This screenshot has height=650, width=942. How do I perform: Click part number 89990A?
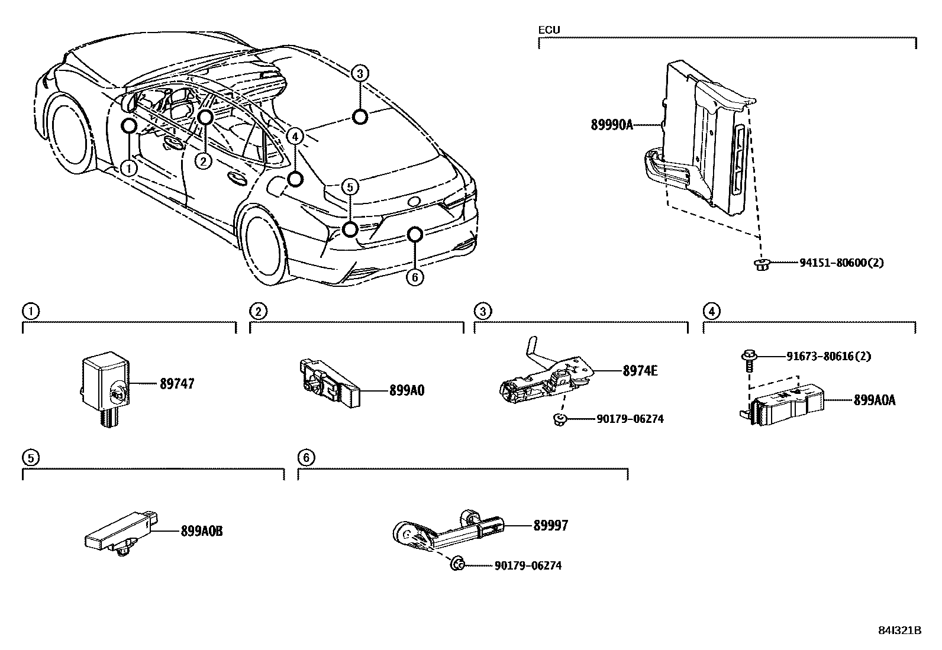pyautogui.click(x=611, y=125)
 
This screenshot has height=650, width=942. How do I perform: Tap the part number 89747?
pyautogui.click(x=176, y=384)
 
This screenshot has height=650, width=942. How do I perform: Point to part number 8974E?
pyautogui.click(x=640, y=371)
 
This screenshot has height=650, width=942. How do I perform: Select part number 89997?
pyautogui.click(x=550, y=525)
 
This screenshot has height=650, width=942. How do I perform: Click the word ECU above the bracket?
pyautogui.click(x=549, y=30)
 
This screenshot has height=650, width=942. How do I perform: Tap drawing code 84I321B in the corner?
pyautogui.click(x=899, y=630)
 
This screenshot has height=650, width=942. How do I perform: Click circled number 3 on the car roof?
pyautogui.click(x=359, y=73)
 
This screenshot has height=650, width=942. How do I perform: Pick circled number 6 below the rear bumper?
pyautogui.click(x=415, y=276)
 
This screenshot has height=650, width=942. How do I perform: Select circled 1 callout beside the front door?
pyautogui.click(x=128, y=168)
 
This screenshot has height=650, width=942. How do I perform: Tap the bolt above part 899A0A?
pyautogui.click(x=748, y=358)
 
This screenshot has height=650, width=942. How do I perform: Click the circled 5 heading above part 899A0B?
pyautogui.click(x=30, y=457)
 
